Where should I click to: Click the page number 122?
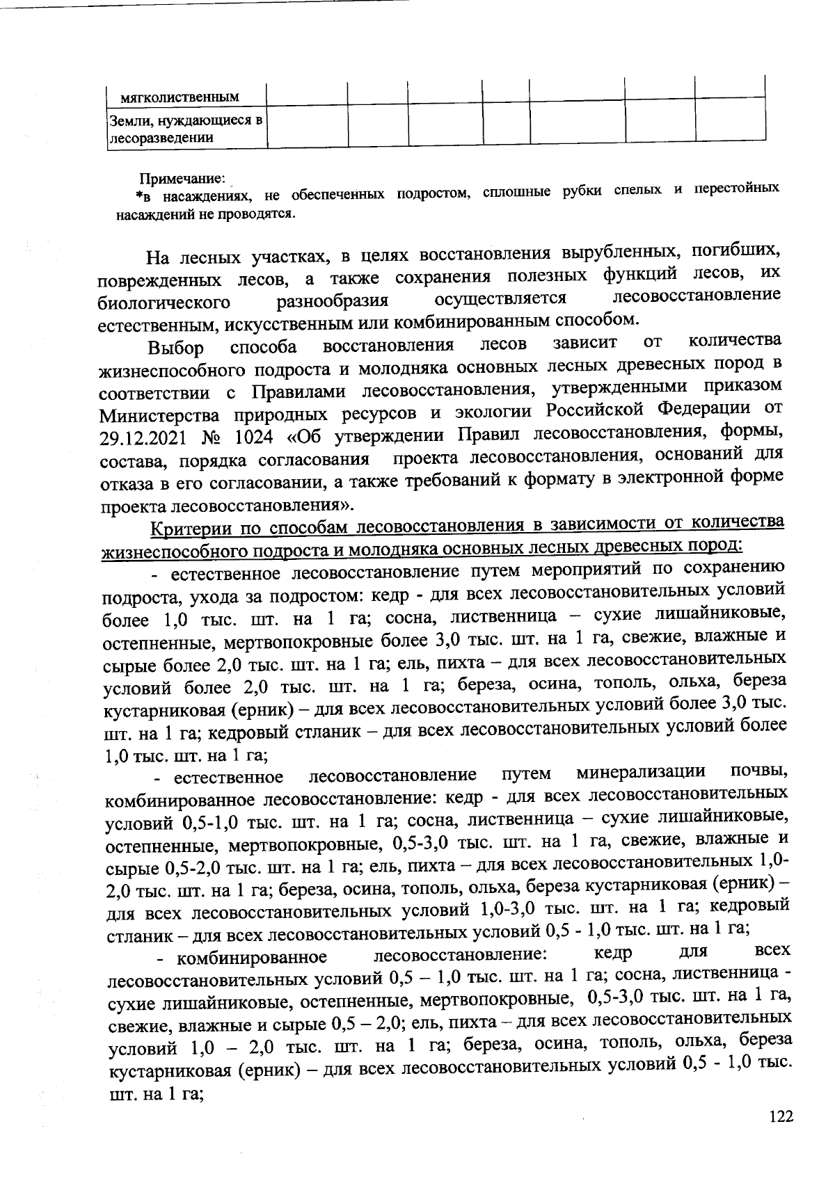coord(781,1117)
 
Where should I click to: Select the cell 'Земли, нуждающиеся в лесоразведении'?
coord(185,129)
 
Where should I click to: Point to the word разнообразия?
coord(332,300)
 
